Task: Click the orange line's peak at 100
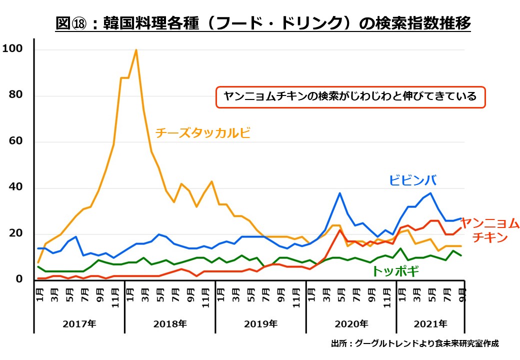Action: pyautogui.click(x=136, y=50)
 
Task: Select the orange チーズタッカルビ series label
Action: pyautogui.click(x=202, y=133)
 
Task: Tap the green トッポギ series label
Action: pyautogui.click(x=395, y=271)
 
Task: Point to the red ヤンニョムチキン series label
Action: pyautogui.click(x=489, y=229)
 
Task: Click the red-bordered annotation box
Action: pyautogui.click(x=350, y=97)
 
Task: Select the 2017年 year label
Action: pyautogui.click(x=79, y=323)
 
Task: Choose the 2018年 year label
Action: pyautogui.click(x=170, y=323)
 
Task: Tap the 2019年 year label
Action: pyautogui.click(x=260, y=323)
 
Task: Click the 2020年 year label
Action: pyautogui.click(x=351, y=323)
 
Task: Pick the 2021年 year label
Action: pyautogui.click(x=431, y=323)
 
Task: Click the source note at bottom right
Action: pyautogui.click(x=414, y=343)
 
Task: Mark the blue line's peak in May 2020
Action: pyautogui.click(x=340, y=193)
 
